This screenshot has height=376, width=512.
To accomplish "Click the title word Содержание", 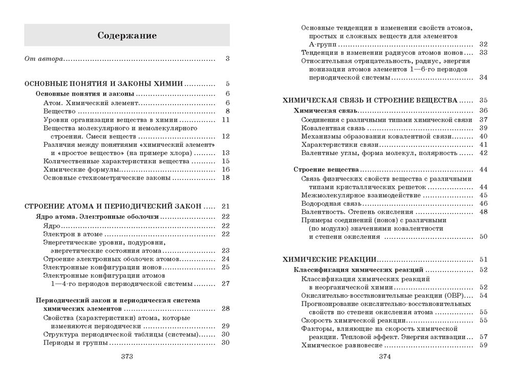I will pyautogui.click(x=127, y=36).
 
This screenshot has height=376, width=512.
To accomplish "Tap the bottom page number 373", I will pyautogui.click(x=126, y=356).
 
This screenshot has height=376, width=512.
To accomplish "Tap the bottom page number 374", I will pyautogui.click(x=385, y=356).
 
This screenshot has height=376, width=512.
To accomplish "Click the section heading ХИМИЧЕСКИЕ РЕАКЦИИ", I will pyautogui.click(x=329, y=259).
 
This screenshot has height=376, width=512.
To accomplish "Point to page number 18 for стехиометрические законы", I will pyautogui.click(x=226, y=178).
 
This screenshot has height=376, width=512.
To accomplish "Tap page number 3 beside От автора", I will pyautogui.click(x=227, y=59).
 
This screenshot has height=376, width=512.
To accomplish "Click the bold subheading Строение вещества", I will pyautogui.click(x=325, y=169).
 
